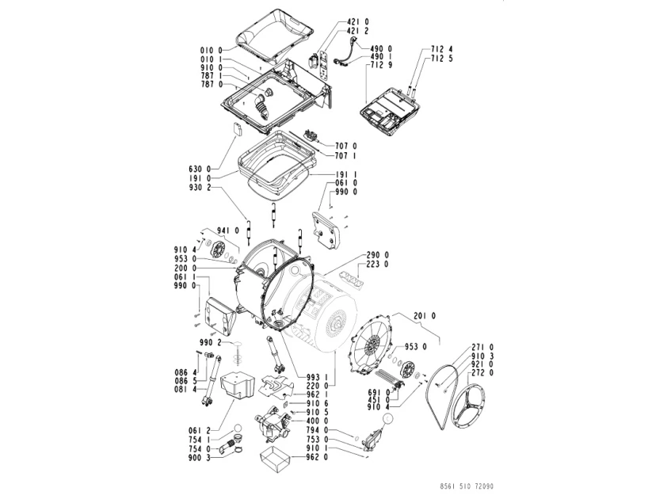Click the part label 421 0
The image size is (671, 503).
point(358,21)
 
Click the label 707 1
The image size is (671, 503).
point(347,155)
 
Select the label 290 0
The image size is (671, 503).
point(377,255)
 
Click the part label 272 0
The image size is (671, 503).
point(482,372)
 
